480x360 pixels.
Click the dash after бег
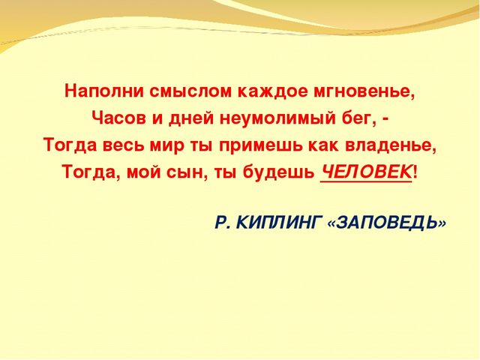point(385,118)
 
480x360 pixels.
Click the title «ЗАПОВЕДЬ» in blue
point(388,223)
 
